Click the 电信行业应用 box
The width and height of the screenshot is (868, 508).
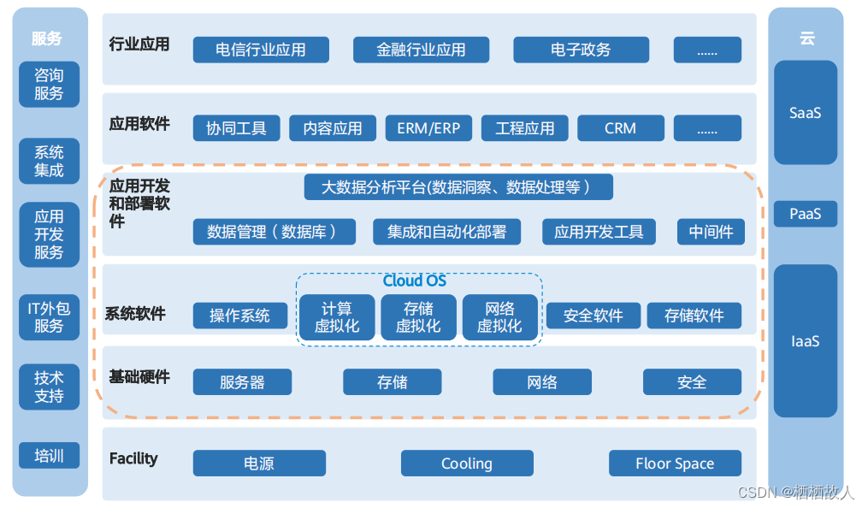click(x=261, y=50)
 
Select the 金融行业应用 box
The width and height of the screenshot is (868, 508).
click(x=421, y=50)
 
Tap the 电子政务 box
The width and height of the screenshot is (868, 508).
click(x=581, y=50)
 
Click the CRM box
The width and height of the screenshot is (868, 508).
click(x=620, y=128)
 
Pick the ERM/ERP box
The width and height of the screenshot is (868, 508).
click(x=428, y=128)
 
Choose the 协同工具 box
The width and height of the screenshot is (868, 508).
click(x=237, y=128)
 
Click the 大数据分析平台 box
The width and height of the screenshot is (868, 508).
click(x=458, y=186)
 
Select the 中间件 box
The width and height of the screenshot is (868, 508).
click(x=711, y=232)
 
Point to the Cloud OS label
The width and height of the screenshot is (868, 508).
click(x=415, y=281)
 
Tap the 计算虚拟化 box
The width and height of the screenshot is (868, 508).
click(x=337, y=317)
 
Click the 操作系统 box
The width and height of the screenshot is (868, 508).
click(x=240, y=315)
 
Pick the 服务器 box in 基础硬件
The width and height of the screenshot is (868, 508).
click(x=242, y=382)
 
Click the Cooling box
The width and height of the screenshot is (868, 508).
click(x=467, y=464)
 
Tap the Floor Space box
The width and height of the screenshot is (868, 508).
click(x=675, y=464)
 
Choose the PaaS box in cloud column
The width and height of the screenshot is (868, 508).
click(x=805, y=214)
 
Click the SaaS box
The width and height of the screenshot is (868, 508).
click(x=805, y=112)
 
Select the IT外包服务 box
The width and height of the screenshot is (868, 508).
click(x=50, y=316)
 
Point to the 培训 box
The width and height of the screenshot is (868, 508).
click(x=50, y=455)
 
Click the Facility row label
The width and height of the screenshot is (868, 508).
click(x=133, y=458)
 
